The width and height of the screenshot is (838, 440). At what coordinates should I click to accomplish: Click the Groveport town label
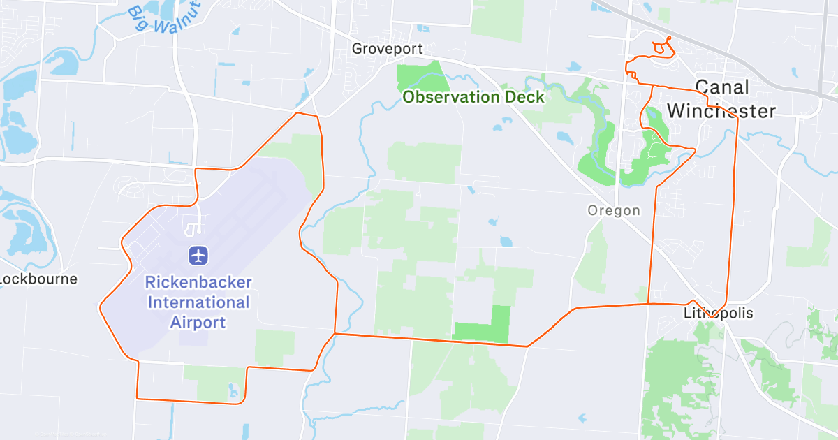coord(387,49)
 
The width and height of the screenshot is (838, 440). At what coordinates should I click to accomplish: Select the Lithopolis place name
coord(719,313)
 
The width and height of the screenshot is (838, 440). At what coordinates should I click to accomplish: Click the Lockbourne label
coord(38,279)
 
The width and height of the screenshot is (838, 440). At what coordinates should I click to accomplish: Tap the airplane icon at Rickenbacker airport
coord(198,255)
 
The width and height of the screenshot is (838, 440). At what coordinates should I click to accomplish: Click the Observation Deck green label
coord(473,97)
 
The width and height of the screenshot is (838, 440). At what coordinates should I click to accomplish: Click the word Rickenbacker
coord(198,283)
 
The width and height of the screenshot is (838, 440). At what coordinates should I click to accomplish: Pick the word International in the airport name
coord(198,302)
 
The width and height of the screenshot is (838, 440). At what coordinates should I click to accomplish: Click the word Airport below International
coord(198,322)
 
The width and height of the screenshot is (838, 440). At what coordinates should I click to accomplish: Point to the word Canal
coord(722,87)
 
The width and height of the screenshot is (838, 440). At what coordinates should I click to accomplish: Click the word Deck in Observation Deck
coord(525,97)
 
